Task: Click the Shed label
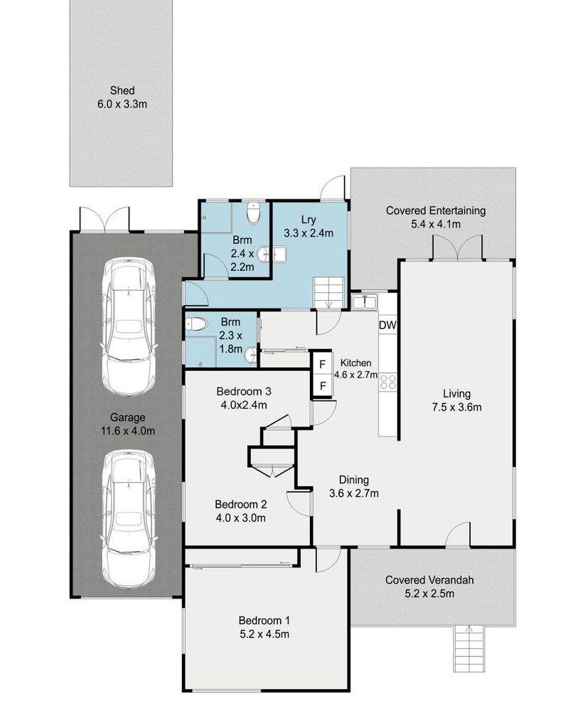[x=122, y=90]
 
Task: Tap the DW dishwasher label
[x=387, y=326]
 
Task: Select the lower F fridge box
[x=323, y=386]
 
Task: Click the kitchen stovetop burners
[x=388, y=382]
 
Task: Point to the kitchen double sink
[x=364, y=302]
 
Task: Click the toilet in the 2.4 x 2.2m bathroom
[x=253, y=213]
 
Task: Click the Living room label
[x=456, y=394]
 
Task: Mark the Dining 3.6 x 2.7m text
[x=353, y=486]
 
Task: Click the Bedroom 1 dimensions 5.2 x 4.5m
[x=264, y=634]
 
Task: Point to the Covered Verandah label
[x=429, y=580]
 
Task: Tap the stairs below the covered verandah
[x=469, y=648]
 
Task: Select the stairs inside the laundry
[x=329, y=292]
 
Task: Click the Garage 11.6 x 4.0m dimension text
[x=128, y=431]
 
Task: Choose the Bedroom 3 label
[x=244, y=392]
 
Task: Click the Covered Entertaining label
[x=436, y=210]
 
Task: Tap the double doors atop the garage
[x=105, y=219]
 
